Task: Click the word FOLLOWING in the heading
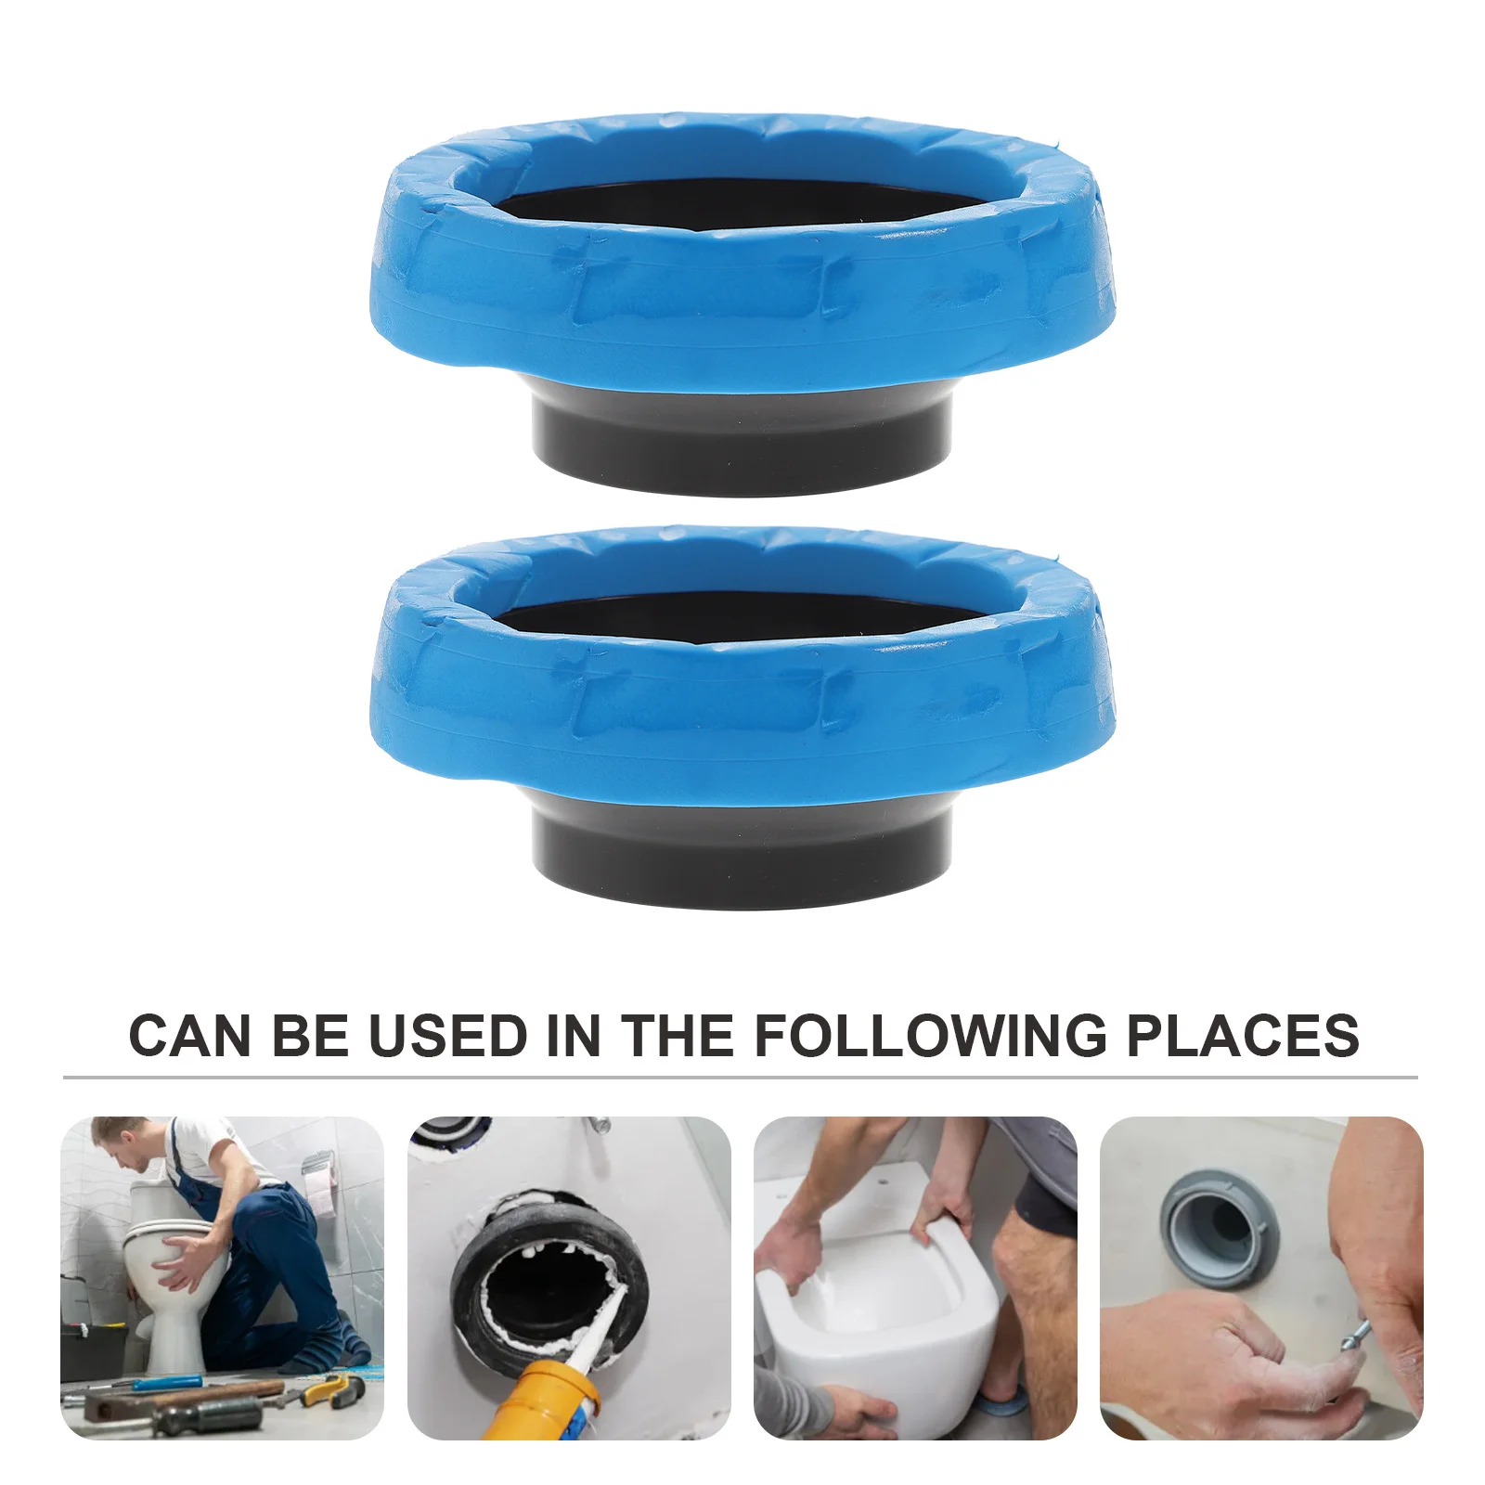(x=930, y=1036)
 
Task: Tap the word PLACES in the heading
(x=1243, y=1036)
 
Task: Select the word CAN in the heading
(x=189, y=1036)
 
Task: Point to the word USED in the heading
(x=447, y=1036)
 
